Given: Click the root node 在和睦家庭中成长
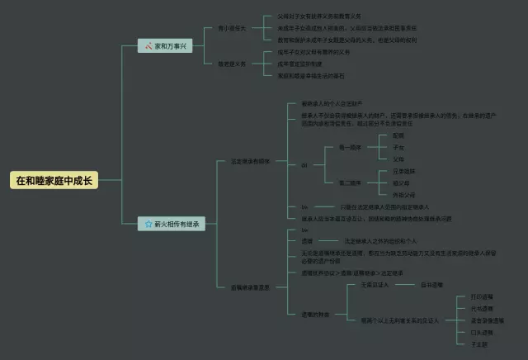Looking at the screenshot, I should point(54,180).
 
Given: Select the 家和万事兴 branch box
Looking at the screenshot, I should point(165,45).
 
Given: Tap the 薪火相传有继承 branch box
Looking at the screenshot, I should point(171,223).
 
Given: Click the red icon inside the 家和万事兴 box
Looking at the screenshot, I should point(148,45).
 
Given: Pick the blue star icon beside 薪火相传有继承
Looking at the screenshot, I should point(147,223).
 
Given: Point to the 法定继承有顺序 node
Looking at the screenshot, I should point(250,161).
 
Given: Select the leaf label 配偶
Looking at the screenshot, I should point(398,135).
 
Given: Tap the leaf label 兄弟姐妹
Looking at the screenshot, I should point(403,170).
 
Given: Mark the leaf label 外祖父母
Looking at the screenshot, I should point(402,195).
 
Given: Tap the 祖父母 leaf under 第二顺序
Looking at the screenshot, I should point(400,182).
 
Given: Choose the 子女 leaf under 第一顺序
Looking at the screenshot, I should point(398,146).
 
